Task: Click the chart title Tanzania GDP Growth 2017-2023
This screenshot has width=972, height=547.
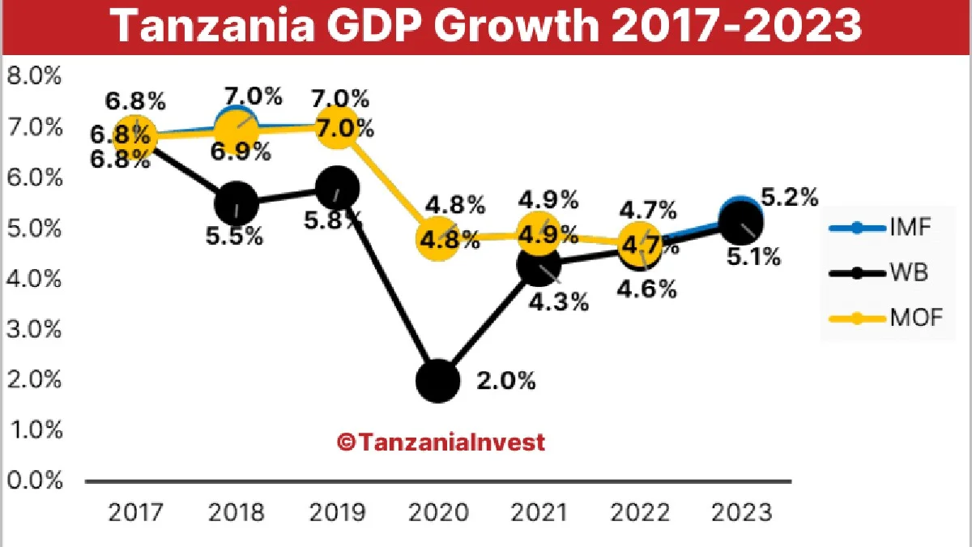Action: pos(486,27)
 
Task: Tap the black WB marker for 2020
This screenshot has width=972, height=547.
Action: pos(438,380)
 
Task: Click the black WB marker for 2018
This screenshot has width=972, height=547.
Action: pos(237,203)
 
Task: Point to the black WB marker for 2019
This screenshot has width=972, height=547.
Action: pos(337,189)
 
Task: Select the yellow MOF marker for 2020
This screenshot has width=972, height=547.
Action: pos(438,238)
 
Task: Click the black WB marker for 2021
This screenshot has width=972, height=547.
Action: pos(539,265)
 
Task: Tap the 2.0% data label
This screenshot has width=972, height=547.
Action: pos(506,381)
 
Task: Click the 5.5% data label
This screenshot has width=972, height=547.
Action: pos(235,237)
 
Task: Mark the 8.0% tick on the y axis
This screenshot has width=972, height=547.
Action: pos(34,77)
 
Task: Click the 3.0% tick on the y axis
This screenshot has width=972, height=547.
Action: pos(34,329)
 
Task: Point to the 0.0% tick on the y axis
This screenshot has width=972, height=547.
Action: pos(34,481)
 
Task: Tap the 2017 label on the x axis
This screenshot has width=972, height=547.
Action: pos(135,513)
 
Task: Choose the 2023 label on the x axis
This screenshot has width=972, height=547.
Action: pos(740,513)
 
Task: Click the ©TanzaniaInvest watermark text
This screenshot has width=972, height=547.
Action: pos(441,442)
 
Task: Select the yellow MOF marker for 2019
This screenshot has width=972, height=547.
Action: pos(337,129)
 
